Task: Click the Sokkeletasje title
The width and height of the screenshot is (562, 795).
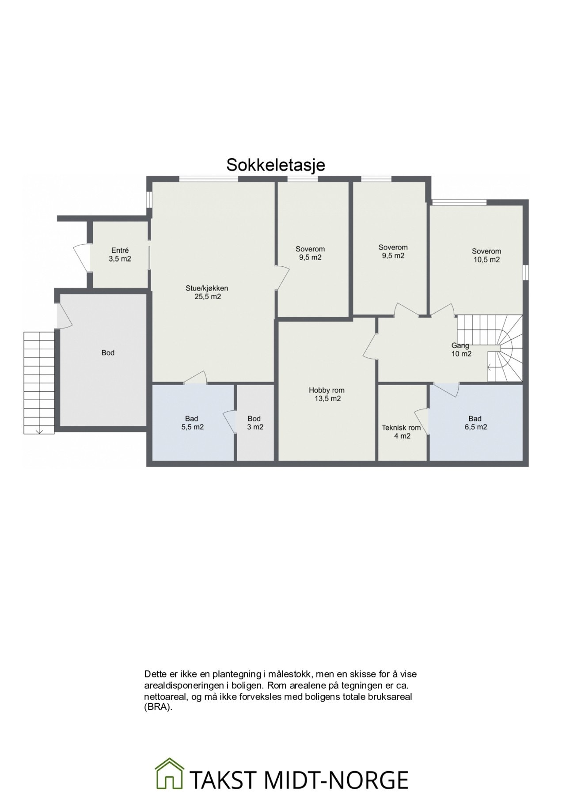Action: point(276,165)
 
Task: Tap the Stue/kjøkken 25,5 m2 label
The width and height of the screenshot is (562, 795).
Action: point(207,292)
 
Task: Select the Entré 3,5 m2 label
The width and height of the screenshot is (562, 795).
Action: point(120,255)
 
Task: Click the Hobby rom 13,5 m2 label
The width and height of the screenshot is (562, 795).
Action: point(327,394)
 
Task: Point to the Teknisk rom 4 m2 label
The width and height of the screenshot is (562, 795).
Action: point(401,432)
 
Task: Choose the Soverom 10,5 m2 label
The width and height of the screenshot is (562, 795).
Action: point(486,255)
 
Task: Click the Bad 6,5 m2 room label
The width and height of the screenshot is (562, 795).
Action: point(475,423)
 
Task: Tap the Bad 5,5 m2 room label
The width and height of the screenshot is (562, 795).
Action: point(191,423)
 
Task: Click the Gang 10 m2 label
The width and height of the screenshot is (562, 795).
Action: point(461,349)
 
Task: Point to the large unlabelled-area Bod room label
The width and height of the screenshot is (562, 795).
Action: point(108,352)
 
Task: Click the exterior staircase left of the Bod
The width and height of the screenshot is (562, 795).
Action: point(39,382)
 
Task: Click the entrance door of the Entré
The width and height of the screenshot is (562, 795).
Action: point(81,257)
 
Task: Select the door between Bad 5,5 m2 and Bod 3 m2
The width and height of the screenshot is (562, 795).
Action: point(231,422)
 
